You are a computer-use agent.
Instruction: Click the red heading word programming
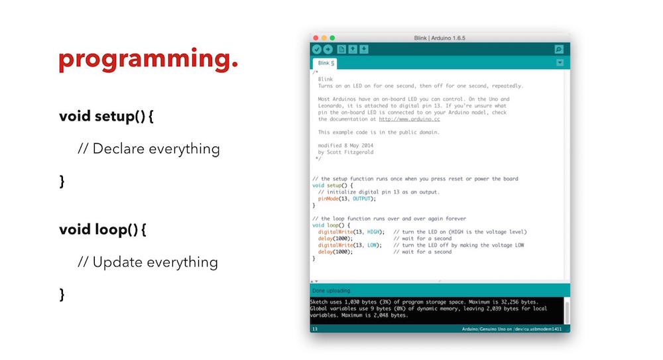[149, 59]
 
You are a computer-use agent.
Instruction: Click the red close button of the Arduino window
[316, 38]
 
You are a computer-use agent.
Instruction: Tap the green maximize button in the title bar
[332, 38]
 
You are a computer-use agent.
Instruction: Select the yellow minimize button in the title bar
[324, 38]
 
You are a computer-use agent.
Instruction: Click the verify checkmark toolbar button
[317, 50]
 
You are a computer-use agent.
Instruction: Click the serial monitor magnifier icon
[559, 50]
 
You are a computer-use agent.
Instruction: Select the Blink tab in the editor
[325, 64]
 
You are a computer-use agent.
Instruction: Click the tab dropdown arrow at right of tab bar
[560, 63]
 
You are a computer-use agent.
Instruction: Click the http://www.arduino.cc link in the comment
[409, 119]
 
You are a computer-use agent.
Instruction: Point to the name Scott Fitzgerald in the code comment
[350, 152]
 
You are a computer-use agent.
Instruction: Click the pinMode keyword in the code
[328, 199]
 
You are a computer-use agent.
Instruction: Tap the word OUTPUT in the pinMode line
[361, 199]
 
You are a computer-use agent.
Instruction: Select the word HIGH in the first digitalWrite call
[373, 232]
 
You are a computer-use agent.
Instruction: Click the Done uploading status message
[331, 290]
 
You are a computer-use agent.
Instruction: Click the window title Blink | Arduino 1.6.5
[440, 38]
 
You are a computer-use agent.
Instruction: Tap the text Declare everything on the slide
[156, 149]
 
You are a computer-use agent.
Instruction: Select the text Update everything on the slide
[155, 263]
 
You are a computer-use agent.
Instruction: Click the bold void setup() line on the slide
[106, 116]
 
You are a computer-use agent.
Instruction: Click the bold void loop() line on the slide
[103, 229]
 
